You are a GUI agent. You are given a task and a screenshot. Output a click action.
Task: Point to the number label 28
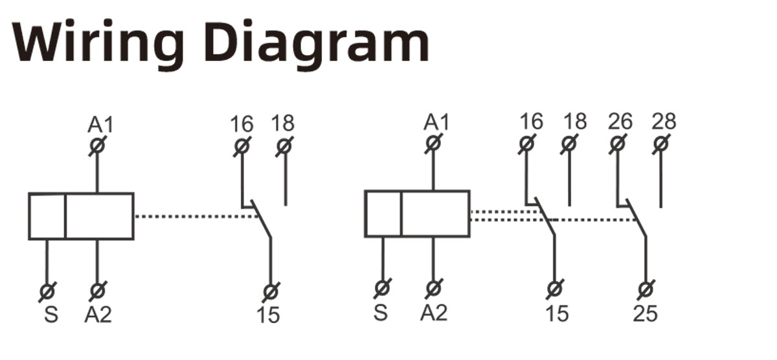(664, 122)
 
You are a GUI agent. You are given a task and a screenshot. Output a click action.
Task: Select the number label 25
(645, 314)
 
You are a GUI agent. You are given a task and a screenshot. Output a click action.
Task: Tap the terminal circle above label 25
(645, 289)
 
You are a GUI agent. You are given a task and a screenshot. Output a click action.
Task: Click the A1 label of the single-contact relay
(100, 124)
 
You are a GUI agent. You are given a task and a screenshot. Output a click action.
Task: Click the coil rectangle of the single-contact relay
(81, 216)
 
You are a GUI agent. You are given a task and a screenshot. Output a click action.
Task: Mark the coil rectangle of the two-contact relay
(417, 214)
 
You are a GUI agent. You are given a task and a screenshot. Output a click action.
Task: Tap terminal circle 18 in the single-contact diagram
(284, 147)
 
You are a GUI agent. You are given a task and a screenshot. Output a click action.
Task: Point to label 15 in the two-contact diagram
(556, 314)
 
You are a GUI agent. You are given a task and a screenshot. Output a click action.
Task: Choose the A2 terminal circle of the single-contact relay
(97, 291)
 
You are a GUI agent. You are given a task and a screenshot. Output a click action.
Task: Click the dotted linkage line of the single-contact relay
(194, 216)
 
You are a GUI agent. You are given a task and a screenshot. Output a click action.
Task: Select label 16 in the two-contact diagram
(531, 122)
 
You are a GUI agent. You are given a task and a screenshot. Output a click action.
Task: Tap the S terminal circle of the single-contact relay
(47, 291)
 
